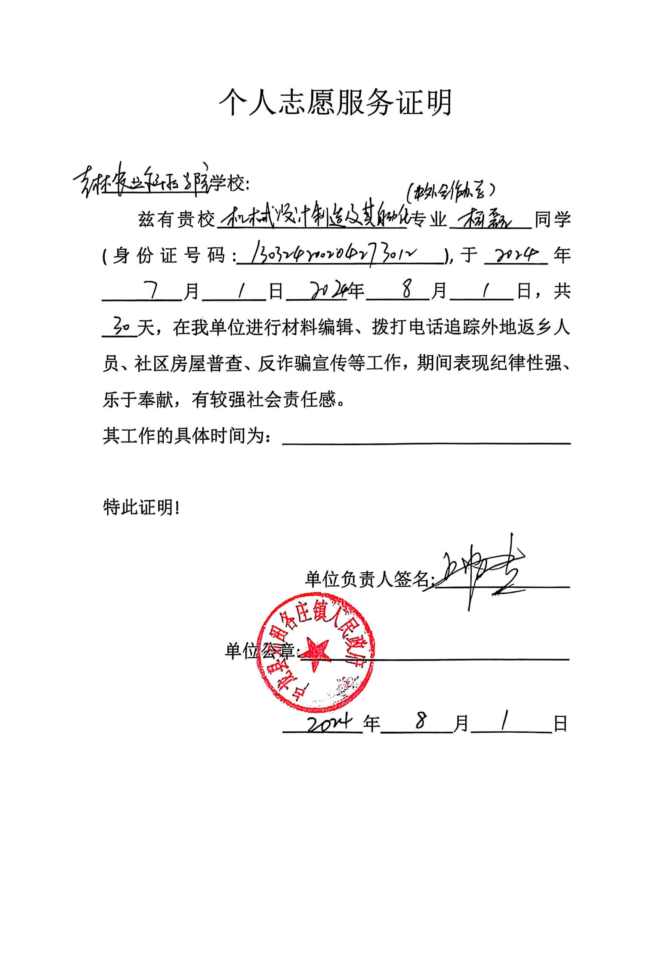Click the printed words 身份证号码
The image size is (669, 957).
point(169,255)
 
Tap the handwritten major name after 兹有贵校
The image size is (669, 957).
point(312,218)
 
